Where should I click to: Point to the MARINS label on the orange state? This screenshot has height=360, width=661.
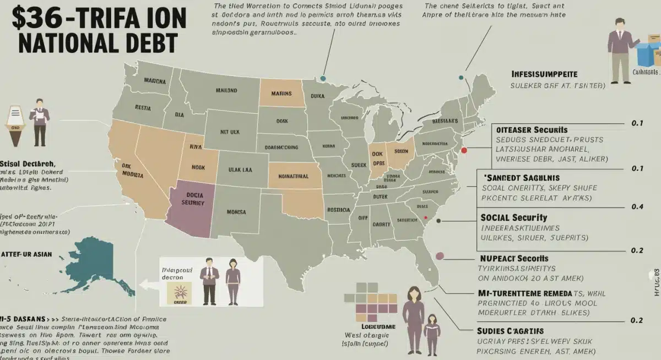pos(285,94)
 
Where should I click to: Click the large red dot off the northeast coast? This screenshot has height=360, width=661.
pos(464,150)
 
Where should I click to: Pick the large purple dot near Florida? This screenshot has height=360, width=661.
pos(440,255)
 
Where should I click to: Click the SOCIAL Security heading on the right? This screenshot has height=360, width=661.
pos(513,217)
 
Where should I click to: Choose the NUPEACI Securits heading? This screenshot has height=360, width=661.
pos(513,258)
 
